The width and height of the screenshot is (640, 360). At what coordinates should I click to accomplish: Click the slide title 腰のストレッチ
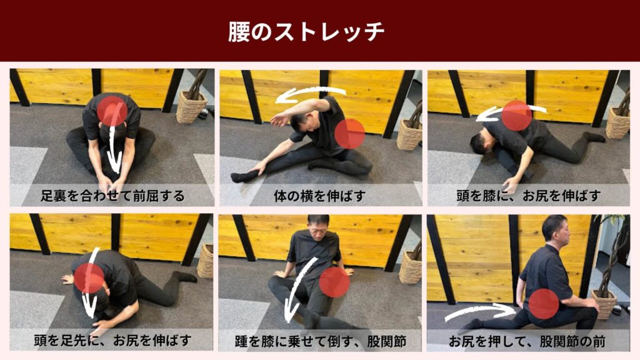tap(306, 32)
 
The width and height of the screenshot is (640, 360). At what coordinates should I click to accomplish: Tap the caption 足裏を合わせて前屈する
tap(112, 196)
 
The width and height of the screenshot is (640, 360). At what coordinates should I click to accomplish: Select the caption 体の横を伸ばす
tap(319, 196)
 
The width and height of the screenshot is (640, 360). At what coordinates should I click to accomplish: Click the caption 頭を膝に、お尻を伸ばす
tap(528, 196)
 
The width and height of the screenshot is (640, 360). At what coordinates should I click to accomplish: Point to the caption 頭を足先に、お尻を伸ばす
tap(112, 341)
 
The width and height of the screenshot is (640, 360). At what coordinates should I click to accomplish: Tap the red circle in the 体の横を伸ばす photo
tap(349, 133)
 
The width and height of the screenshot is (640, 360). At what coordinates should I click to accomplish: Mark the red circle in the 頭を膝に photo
tap(517, 116)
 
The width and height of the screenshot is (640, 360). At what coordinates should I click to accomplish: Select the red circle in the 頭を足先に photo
tap(89, 278)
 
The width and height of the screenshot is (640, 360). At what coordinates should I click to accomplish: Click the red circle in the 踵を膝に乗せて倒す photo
tap(334, 282)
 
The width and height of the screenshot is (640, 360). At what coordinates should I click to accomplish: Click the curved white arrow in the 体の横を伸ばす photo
tap(309, 94)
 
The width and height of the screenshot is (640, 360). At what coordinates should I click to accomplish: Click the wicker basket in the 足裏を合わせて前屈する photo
tap(191, 106)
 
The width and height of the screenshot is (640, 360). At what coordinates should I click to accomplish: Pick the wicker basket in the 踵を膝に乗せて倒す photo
tap(411, 266)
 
